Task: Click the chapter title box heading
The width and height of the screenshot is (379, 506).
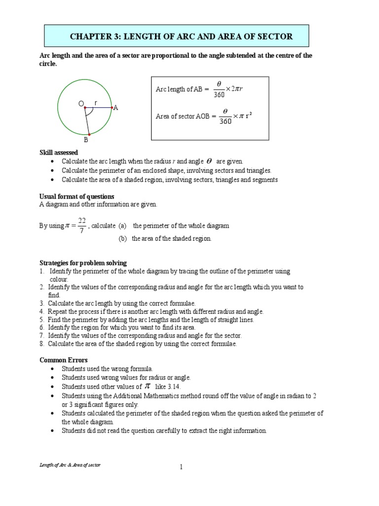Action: coord(181,37)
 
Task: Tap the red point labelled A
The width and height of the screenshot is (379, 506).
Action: coord(112,107)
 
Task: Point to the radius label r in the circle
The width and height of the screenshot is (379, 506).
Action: coord(96,102)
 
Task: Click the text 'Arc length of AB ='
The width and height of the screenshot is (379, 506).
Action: coord(179,89)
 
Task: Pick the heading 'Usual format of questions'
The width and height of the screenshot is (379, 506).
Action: coord(76,197)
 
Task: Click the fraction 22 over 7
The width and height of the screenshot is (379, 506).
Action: coord(81,225)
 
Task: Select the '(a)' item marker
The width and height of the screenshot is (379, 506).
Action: coord(122,226)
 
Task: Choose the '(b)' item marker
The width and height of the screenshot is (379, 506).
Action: coord(123,239)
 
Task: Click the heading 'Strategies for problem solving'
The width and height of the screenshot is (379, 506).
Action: coord(83,263)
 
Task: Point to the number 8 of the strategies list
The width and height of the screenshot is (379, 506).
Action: coord(41,344)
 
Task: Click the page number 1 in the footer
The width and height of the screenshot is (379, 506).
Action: coord(182,467)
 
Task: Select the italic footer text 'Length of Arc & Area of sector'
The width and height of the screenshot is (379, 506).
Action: coord(70,466)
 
